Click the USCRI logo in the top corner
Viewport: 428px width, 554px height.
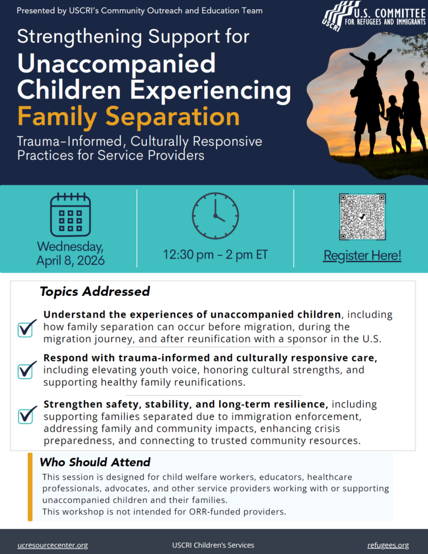click(374, 16)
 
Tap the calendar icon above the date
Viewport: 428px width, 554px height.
click(71, 214)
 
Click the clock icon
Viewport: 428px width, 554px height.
click(215, 215)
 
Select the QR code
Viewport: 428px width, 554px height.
click(363, 216)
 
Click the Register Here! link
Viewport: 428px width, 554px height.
click(363, 255)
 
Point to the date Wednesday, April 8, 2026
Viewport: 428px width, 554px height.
click(71, 253)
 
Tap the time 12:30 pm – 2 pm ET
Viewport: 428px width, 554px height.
click(215, 254)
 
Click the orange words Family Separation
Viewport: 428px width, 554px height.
click(129, 117)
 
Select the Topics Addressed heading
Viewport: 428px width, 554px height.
click(95, 292)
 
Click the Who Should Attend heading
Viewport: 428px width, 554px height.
click(95, 462)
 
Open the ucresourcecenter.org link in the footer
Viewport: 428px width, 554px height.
click(52, 545)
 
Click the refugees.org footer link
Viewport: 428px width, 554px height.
click(388, 545)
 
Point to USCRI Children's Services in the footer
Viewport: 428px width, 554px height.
click(213, 545)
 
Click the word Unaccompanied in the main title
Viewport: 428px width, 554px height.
click(116, 64)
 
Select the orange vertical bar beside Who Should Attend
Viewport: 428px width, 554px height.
click(30, 487)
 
